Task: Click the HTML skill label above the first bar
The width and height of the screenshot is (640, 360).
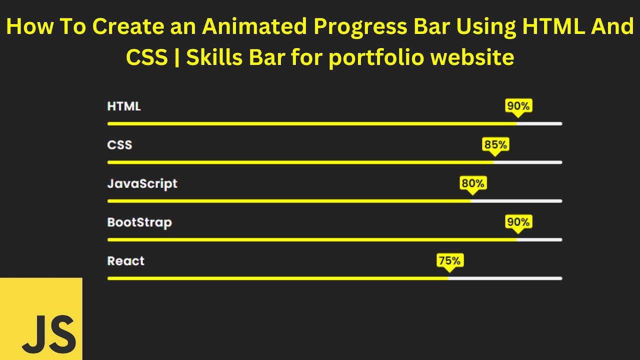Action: pyautogui.click(x=124, y=106)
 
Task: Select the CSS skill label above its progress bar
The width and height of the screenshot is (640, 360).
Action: pyautogui.click(x=119, y=145)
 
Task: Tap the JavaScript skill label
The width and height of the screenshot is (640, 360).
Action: pyautogui.click(x=142, y=184)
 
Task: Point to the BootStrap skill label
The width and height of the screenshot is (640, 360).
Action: pyautogui.click(x=139, y=222)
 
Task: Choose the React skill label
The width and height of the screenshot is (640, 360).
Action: pyautogui.click(x=126, y=261)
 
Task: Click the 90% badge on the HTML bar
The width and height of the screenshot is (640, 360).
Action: pyautogui.click(x=518, y=106)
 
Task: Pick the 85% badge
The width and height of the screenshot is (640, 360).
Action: pyautogui.click(x=495, y=145)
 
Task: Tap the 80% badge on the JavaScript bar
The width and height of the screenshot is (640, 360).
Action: pyautogui.click(x=473, y=183)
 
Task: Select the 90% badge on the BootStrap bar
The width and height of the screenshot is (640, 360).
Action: pyautogui.click(x=518, y=222)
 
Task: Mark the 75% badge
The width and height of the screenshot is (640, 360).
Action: pyautogui.click(x=450, y=260)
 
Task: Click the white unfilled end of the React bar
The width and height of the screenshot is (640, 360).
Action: pyautogui.click(x=505, y=278)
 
